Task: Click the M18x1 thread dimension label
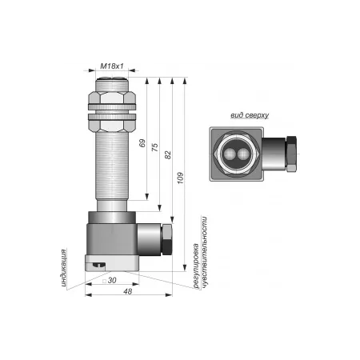[x=112, y=66]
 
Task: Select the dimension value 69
[x=142, y=143]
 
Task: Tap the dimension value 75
[x=155, y=147]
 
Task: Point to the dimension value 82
[x=168, y=155]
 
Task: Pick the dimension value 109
[x=181, y=178]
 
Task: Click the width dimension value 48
[x=128, y=291]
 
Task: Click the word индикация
[x=63, y=268]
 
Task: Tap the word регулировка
[x=196, y=266]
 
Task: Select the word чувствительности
[x=204, y=252]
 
